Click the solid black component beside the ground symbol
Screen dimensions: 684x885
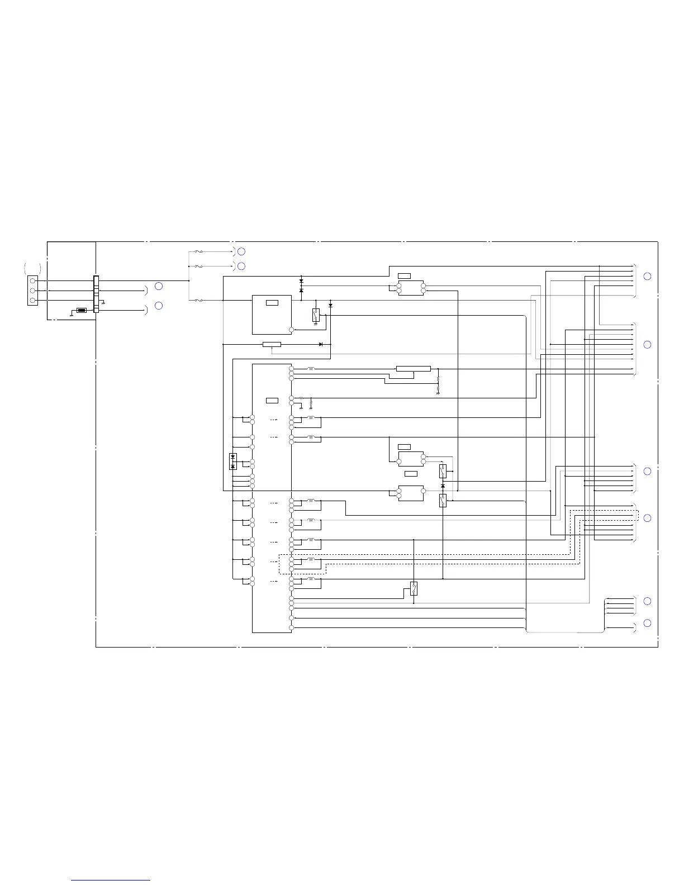[82, 310]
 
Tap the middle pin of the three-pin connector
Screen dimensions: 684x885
[33, 291]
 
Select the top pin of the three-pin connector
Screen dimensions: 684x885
[33, 280]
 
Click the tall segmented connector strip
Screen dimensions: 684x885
[96, 294]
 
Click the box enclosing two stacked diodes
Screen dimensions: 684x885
[233, 461]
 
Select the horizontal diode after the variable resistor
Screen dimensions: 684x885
[321, 344]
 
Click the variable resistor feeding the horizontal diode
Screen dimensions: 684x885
[272, 344]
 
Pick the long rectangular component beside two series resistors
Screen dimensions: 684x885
[413, 369]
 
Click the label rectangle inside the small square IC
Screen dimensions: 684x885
[272, 303]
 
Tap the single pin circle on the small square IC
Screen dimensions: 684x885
[291, 330]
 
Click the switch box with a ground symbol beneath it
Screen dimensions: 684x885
[316, 315]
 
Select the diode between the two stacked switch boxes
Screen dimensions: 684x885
[443, 486]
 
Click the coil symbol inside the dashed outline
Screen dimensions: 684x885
[311, 559]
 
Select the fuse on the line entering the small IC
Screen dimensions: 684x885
[198, 301]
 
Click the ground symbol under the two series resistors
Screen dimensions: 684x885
[438, 393]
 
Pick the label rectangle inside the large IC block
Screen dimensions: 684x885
[272, 401]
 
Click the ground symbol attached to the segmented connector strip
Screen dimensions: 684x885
[102, 302]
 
